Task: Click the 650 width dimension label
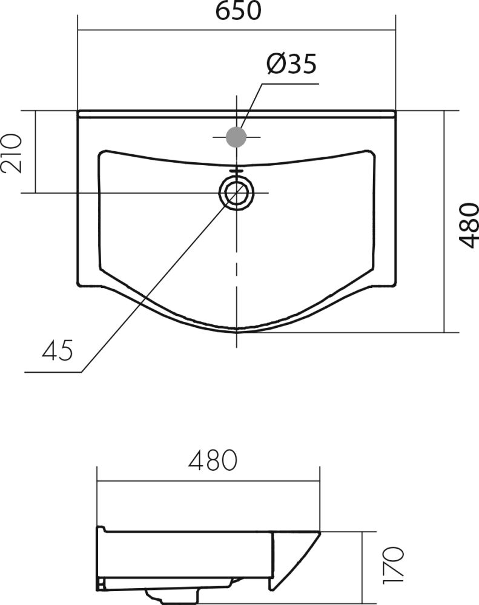pos(239,10)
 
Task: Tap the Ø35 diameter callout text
pos(292,64)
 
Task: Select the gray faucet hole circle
pos(236,137)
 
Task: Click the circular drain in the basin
pos(237,192)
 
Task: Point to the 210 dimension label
pos(11,153)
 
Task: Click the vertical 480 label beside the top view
pos(469,225)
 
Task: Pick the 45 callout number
pos(57,350)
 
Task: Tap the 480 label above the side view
pos(213,460)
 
